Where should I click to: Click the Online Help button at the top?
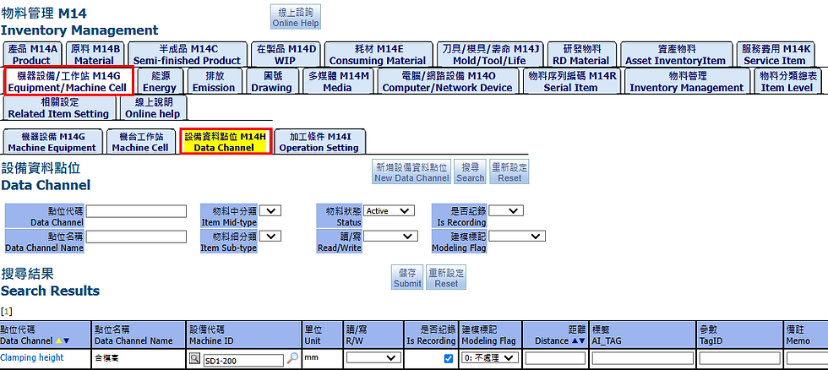295,17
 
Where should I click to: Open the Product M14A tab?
31,55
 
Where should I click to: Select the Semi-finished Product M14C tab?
187,55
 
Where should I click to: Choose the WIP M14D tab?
286,55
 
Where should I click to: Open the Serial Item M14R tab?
570,81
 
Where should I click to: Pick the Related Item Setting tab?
58,108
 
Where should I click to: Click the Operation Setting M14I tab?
319,141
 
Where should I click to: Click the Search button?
470,172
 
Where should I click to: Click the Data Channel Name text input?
136,237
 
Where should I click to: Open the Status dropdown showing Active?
389,210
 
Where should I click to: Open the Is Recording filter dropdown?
506,210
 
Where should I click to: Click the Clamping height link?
32,357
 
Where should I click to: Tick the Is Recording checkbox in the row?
448,358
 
